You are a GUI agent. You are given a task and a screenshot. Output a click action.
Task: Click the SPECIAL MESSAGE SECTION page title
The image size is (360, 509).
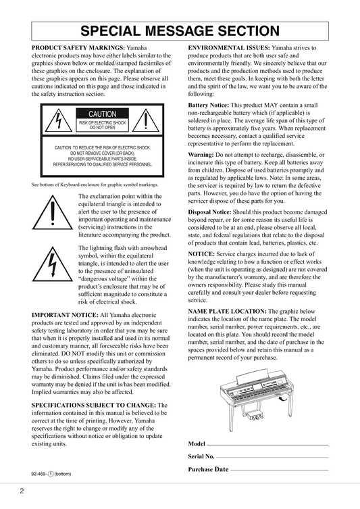point(180,31)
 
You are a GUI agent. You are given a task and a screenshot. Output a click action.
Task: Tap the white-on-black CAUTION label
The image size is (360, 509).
point(103,114)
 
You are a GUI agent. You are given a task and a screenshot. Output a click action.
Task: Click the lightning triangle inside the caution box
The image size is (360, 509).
point(58,120)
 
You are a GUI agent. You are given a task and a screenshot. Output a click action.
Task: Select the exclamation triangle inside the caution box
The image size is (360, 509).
point(146,120)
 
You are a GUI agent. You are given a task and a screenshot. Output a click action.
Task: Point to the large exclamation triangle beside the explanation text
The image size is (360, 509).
point(53,212)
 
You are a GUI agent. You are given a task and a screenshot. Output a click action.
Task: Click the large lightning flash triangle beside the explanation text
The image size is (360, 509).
point(53,264)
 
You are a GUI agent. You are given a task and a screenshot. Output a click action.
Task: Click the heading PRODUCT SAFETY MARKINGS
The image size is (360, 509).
point(78,48)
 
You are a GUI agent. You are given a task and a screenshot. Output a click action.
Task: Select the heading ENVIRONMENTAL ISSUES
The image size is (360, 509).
point(229,48)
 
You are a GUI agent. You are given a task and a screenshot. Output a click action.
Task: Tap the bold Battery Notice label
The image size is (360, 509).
point(209,105)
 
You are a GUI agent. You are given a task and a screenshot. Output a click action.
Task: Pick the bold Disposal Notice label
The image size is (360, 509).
point(210,212)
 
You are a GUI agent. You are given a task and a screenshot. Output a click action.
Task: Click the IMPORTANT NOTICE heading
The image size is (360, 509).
point(65,315)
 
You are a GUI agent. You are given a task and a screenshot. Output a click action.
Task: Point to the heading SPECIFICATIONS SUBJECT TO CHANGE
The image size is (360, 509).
point(94,406)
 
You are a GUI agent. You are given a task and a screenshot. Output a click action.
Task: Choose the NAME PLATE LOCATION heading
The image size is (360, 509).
point(228,312)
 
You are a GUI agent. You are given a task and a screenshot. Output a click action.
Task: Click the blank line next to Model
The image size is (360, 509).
point(267,445)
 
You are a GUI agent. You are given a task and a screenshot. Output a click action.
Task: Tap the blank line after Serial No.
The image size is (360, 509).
point(272,458)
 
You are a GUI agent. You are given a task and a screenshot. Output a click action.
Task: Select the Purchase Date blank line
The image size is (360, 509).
point(279,470)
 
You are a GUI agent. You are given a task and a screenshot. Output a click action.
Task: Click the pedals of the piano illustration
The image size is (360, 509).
point(255,416)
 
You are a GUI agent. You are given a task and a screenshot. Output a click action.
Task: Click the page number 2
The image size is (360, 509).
point(22,491)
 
